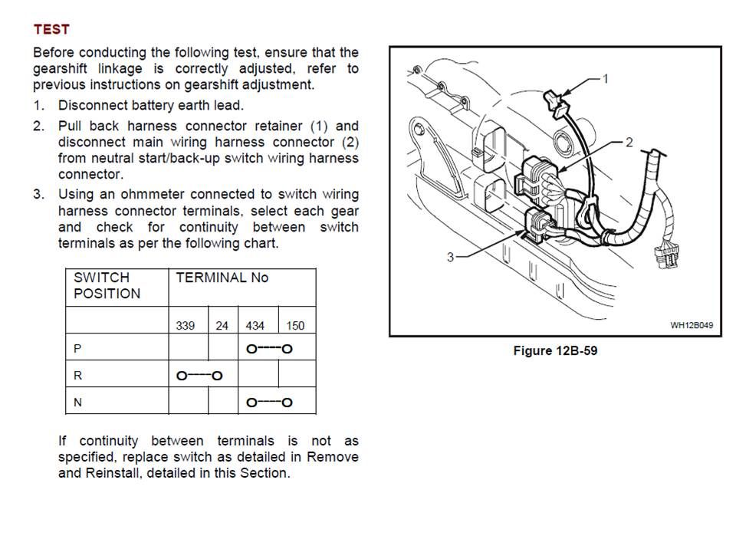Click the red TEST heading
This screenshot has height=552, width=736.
click(x=51, y=29)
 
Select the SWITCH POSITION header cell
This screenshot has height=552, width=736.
click(x=107, y=285)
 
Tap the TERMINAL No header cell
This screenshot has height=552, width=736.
click(x=222, y=278)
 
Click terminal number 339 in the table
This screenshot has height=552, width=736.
click(x=185, y=326)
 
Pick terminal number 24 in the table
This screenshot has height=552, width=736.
click(x=222, y=326)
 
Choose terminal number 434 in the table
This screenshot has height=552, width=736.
click(x=255, y=326)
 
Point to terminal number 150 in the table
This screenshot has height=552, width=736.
click(x=295, y=326)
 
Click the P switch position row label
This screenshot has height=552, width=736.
click(x=77, y=348)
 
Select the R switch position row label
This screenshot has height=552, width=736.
click(x=77, y=375)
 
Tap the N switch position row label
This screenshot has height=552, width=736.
click(x=77, y=402)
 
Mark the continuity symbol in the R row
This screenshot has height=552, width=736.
click(x=199, y=376)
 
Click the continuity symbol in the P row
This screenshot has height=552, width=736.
click(x=269, y=349)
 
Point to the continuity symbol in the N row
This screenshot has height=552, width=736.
click(x=269, y=402)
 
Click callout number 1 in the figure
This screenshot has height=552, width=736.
click(x=606, y=78)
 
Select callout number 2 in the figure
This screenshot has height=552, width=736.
click(x=629, y=142)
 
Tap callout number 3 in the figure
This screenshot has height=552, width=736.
click(x=451, y=258)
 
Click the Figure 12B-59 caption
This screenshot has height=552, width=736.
click(x=555, y=351)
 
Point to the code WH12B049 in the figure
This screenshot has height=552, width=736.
click(x=692, y=325)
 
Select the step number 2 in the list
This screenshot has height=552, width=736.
click(x=38, y=126)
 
